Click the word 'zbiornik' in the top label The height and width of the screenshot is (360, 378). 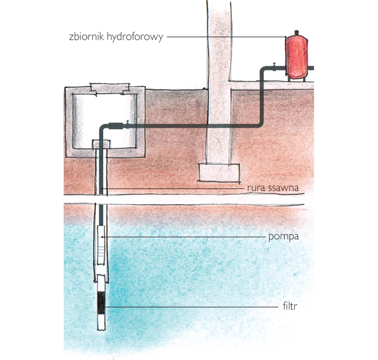[x=87, y=36]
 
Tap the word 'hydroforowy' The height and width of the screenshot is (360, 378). [x=135, y=37]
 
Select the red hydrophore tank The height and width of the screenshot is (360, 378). [x=296, y=57]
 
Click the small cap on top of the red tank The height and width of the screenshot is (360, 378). [x=297, y=32]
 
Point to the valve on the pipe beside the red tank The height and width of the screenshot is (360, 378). [x=274, y=67]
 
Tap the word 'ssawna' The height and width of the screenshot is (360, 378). [x=283, y=188]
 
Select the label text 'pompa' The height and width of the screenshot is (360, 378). [x=283, y=237]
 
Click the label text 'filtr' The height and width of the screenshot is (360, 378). [x=290, y=306]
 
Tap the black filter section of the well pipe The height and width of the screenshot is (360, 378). [x=101, y=302]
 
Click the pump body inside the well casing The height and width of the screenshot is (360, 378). [x=101, y=245]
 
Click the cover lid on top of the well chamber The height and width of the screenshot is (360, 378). [x=110, y=89]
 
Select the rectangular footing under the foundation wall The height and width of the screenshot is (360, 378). [x=219, y=172]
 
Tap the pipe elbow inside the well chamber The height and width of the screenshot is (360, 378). [x=102, y=128]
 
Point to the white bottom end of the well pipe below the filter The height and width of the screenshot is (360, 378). [x=101, y=322]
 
